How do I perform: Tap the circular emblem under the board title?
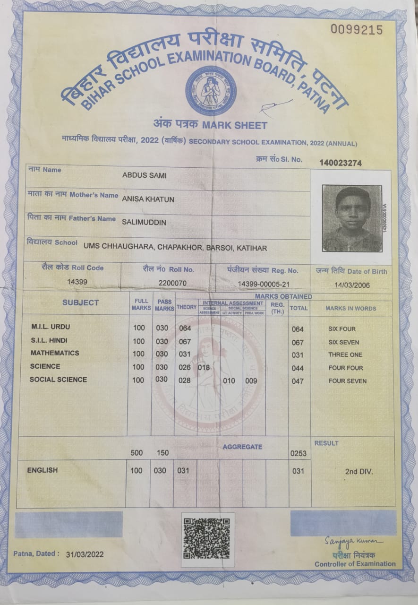point(211,91)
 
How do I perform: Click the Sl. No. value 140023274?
point(341,163)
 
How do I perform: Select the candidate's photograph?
point(352,218)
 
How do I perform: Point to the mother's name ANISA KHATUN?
point(148,199)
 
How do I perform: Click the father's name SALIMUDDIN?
point(144,222)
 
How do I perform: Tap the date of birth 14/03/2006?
point(352,285)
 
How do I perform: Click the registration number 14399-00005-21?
point(264,283)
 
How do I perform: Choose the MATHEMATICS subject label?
point(55,353)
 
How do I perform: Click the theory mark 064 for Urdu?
point(185,328)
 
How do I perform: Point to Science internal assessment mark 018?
point(204,367)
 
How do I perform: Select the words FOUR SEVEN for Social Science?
point(347,381)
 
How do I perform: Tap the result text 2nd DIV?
point(359,471)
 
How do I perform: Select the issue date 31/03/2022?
point(85,554)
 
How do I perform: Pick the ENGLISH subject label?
point(43,470)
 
